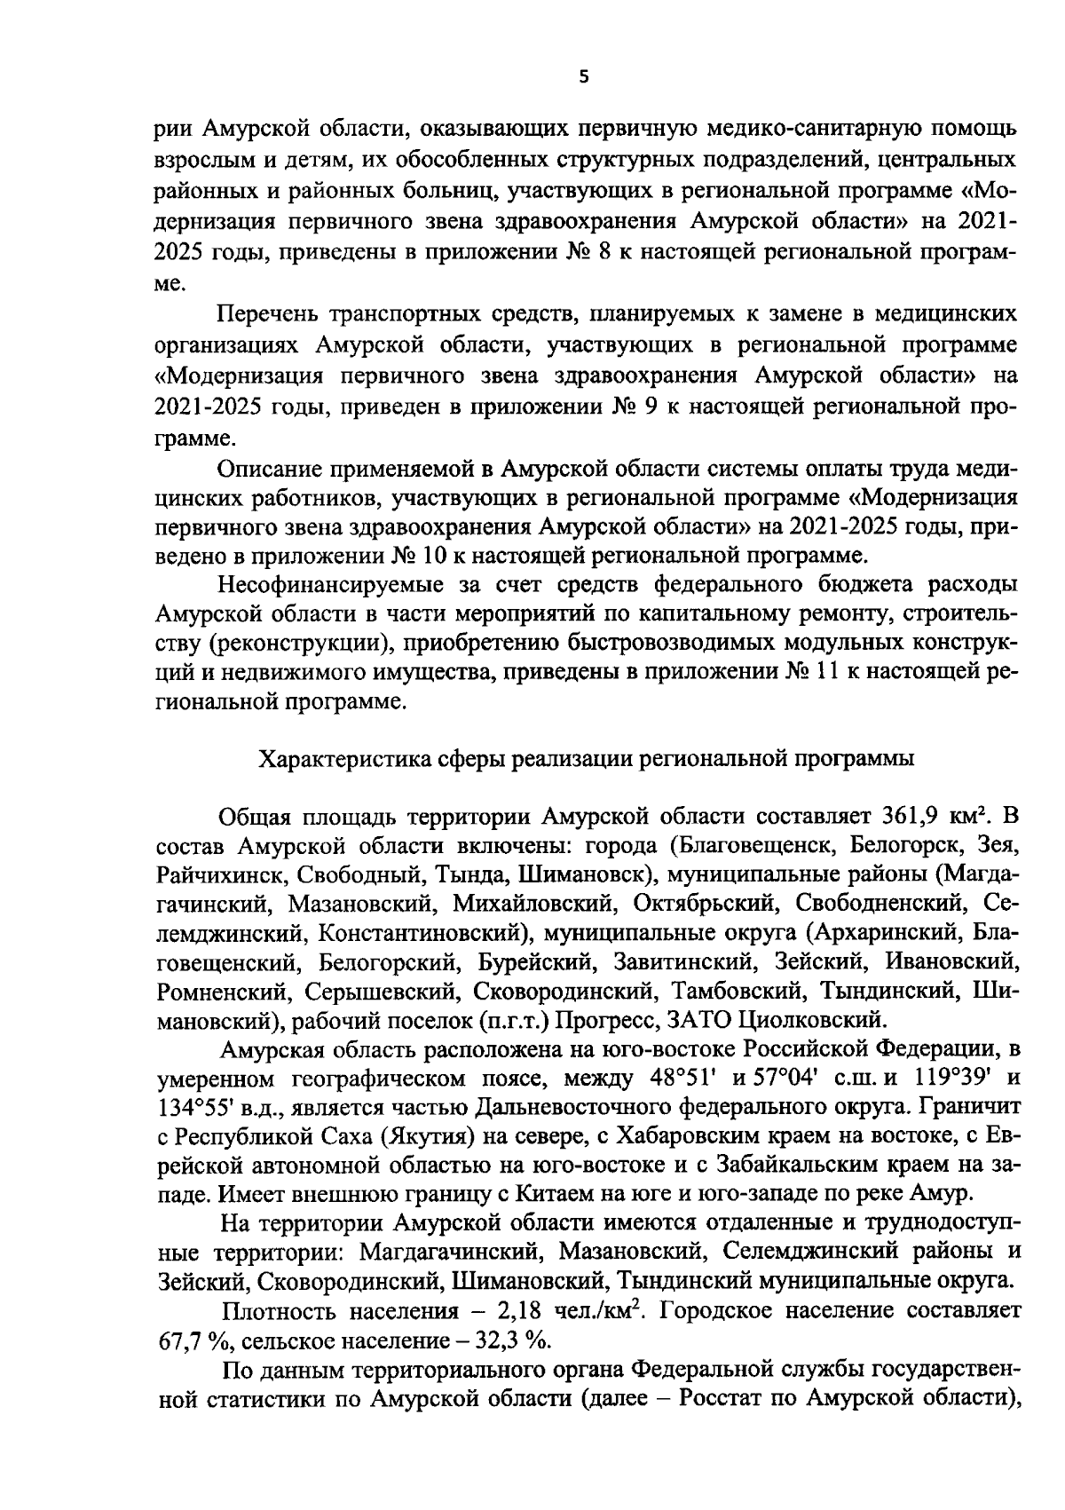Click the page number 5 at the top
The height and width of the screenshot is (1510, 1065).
click(582, 77)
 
